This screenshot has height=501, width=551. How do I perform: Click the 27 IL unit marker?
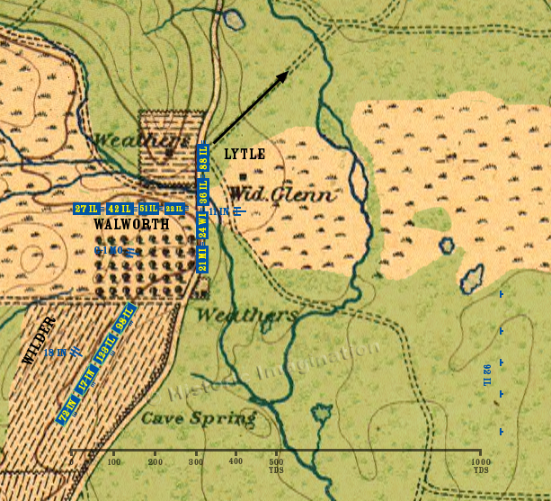86,209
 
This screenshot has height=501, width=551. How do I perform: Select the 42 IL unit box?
118,209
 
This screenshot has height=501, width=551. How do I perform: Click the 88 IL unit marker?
203,158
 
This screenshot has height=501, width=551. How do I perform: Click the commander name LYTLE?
244,155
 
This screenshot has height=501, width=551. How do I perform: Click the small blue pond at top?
234,18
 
